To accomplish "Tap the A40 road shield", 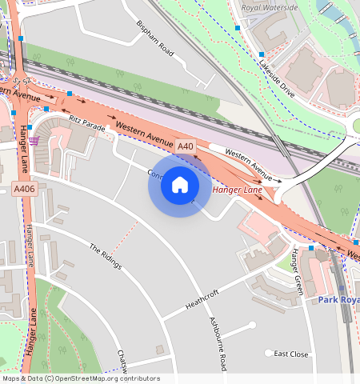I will point(186,146).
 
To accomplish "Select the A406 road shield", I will point(23,189).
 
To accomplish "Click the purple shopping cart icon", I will point(34,141).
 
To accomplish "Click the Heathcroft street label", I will point(202,300).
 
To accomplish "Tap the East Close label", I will point(291,354).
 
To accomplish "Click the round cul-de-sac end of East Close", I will point(269,353).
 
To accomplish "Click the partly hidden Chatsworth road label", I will point(122,362).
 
